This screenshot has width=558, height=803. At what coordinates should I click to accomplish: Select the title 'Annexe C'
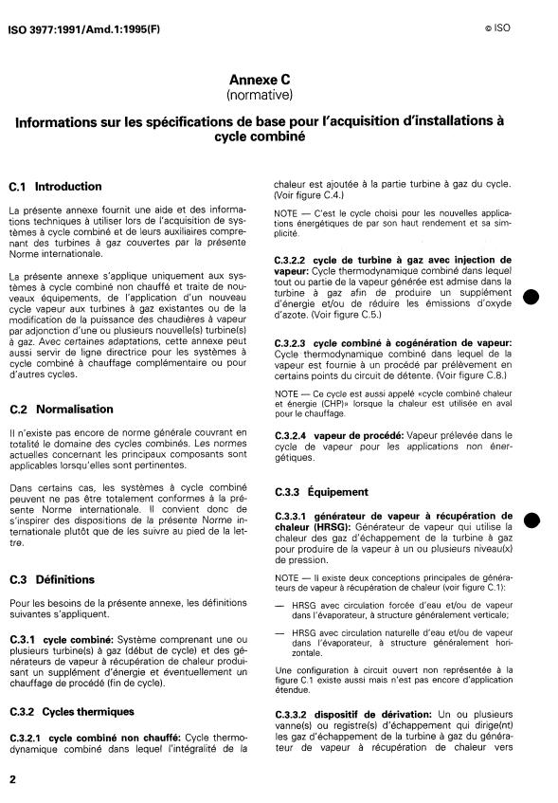(265, 82)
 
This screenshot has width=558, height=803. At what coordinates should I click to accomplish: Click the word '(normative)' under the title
(265, 96)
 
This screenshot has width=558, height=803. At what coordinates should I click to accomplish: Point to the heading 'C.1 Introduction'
(68, 187)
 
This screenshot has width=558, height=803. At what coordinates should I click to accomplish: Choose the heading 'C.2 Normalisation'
(74, 410)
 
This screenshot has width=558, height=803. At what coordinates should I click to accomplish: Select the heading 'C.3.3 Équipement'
(321, 492)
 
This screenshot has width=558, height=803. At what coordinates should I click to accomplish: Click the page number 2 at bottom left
(12, 779)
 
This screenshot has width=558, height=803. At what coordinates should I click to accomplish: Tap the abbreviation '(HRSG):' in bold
(327, 527)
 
